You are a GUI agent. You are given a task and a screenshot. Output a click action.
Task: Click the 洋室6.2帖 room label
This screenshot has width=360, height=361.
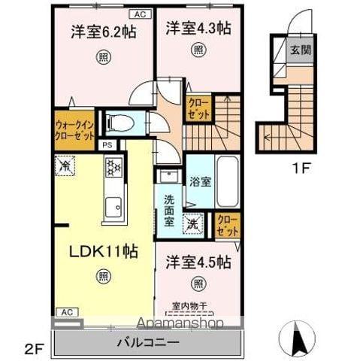103,33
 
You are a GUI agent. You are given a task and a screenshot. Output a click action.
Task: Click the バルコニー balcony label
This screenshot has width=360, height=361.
147,342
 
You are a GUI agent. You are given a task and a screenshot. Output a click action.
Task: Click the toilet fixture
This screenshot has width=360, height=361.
120,122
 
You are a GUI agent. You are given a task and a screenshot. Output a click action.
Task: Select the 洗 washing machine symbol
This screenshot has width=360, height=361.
193,223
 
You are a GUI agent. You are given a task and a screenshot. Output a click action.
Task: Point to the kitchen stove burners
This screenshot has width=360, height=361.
113,167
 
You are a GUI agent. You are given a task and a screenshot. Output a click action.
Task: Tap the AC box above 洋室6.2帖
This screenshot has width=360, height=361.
139,14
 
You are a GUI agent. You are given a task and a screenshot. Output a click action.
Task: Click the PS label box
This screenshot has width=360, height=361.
107,145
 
